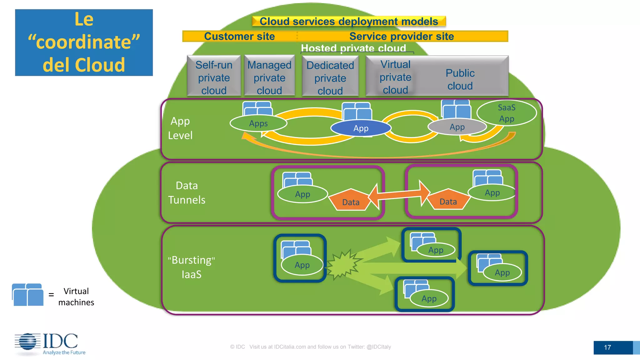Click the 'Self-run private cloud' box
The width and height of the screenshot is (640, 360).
214,76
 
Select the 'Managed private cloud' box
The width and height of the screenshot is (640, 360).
269,76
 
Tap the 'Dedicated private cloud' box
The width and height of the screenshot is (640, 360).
330,77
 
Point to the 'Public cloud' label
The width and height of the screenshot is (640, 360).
460,79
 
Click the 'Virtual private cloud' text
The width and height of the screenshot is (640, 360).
395,77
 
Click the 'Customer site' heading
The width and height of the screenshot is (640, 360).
239,36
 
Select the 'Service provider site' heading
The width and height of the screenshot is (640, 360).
401,36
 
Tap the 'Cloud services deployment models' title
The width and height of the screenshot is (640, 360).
349,21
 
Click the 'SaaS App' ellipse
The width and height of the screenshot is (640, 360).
506,113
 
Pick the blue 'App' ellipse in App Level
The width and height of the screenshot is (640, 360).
361,128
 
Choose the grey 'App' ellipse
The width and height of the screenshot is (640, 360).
457,127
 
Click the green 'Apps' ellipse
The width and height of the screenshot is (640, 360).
258,123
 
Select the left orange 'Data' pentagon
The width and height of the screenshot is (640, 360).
351,201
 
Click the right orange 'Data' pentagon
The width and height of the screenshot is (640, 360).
448,200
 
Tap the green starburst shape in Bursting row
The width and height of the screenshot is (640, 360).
343,264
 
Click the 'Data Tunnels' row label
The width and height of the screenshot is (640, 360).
187,192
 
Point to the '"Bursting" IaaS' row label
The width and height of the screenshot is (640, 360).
191,267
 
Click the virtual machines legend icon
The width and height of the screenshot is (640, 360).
28,295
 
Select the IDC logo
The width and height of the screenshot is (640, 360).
50,344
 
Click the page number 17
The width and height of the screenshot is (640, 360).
607,347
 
